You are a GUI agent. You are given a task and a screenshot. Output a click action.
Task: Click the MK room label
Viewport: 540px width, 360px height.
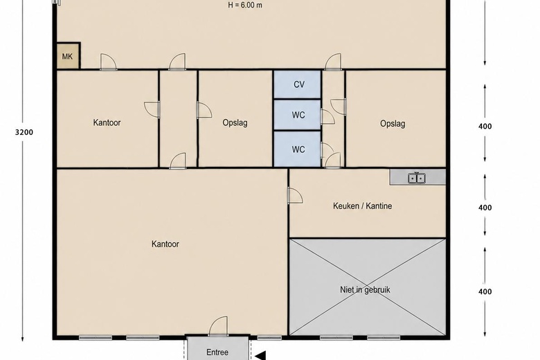[68, 56]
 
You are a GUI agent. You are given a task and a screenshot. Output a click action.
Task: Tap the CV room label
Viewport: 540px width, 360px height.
[299, 84]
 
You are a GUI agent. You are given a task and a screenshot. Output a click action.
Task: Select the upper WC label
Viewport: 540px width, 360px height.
[298, 115]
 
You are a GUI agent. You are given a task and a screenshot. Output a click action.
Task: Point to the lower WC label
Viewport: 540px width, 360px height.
[298, 150]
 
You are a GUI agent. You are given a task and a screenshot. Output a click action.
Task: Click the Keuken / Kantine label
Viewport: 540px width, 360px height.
[362, 206]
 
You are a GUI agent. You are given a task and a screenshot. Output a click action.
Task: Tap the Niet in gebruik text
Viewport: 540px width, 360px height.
[365, 289]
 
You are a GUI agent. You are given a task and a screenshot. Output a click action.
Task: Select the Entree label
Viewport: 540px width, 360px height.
[217, 352]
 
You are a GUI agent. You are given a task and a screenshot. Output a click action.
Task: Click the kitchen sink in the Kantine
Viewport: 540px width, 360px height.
[417, 178]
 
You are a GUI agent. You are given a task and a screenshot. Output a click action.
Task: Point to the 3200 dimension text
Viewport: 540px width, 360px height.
[24, 132]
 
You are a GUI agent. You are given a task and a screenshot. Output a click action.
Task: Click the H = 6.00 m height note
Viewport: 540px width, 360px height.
[245, 5]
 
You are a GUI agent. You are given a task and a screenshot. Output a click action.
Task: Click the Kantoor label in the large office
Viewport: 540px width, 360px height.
[165, 244]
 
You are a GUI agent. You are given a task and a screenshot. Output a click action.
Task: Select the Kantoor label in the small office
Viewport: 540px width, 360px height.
[107, 123]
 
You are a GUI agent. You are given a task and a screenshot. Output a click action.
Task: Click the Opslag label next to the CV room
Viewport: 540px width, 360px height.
[235, 123]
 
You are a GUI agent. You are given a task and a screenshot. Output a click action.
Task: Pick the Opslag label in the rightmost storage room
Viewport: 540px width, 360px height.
[393, 124]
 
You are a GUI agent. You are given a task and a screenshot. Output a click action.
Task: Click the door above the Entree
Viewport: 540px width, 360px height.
[218, 326]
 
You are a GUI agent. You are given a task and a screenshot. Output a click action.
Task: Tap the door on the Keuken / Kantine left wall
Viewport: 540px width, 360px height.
[295, 195]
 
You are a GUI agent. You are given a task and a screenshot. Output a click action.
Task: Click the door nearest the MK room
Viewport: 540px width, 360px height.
[108, 62]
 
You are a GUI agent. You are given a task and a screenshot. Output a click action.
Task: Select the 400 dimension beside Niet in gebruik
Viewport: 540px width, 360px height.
[485, 291]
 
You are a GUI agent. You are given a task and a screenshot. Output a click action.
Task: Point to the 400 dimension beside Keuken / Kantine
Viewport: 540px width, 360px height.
[485, 208]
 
